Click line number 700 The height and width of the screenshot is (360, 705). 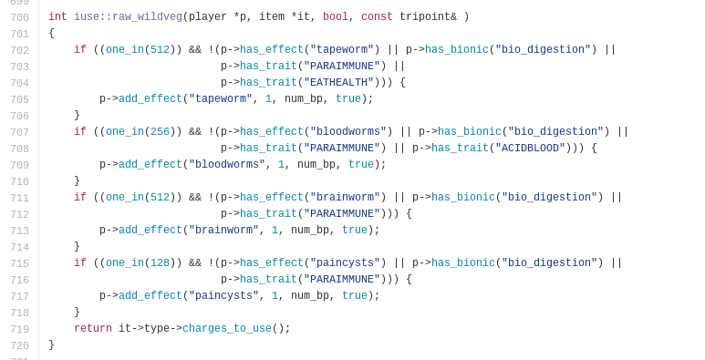(19, 17)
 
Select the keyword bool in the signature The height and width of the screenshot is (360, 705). (336, 17)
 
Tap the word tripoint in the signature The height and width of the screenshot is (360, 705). (424, 17)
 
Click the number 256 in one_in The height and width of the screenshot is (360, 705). (161, 131)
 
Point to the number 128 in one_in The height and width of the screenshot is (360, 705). (161, 262)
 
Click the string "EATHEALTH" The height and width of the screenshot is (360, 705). (338, 82)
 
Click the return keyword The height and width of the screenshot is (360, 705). (93, 328)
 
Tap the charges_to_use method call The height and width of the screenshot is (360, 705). (227, 328)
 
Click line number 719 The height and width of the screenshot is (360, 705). (19, 329)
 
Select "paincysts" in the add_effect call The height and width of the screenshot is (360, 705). (224, 295)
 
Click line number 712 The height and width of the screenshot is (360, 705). (19, 214)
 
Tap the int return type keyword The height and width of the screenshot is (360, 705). (58, 17)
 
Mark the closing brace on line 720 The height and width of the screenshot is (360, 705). (51, 345)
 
